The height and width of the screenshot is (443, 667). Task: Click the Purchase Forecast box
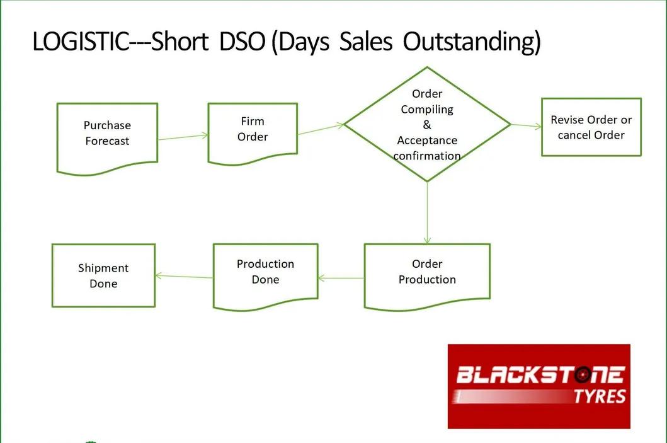[x=107, y=138]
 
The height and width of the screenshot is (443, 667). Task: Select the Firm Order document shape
[x=253, y=133]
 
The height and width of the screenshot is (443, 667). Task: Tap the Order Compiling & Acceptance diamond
[x=427, y=124]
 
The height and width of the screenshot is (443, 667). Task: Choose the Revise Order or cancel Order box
[x=591, y=127]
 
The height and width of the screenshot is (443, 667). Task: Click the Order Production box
[x=427, y=276]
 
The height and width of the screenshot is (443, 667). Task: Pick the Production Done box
[x=265, y=276]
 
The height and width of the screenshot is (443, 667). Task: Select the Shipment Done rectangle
[x=103, y=275]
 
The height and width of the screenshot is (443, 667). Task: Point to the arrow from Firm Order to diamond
[x=321, y=129]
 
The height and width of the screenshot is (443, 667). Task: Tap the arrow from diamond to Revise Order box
[x=526, y=125]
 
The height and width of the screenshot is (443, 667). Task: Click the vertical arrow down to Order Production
[x=427, y=213]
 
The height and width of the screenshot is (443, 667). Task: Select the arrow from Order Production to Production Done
[x=341, y=278]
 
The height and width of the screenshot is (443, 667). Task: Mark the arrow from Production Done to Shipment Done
[x=184, y=277]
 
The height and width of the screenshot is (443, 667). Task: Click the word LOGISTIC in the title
[x=81, y=42]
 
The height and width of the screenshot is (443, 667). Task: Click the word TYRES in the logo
[x=600, y=396]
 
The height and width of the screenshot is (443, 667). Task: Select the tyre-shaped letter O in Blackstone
[x=582, y=375]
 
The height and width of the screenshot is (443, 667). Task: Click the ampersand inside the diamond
[x=427, y=125]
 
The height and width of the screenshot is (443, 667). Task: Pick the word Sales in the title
[x=366, y=42]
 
